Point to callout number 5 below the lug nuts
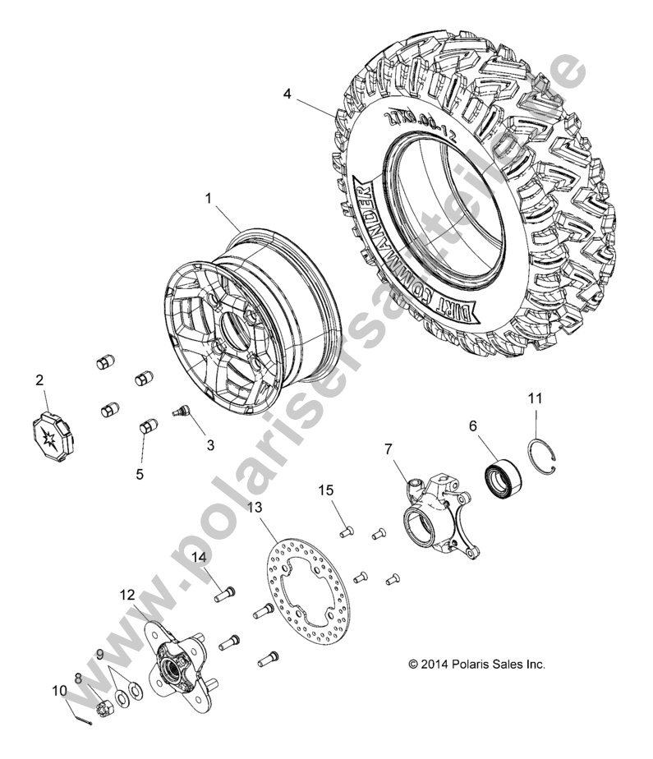tap(140, 474)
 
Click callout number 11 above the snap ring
tap(535, 398)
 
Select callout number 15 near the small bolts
tap(327, 490)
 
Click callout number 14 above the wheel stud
tap(199, 557)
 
